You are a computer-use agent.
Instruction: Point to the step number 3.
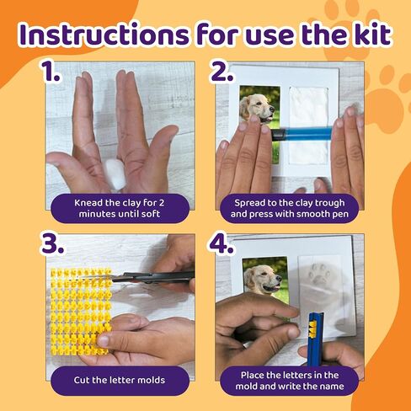tap(53, 243)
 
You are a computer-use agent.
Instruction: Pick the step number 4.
tap(222, 243)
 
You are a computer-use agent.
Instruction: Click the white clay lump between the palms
tap(115, 175)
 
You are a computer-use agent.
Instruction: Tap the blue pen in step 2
tap(301, 134)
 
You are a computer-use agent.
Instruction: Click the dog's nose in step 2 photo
tap(271, 109)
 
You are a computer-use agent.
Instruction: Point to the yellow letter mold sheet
tap(81, 312)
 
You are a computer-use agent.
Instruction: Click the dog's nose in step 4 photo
tap(278, 278)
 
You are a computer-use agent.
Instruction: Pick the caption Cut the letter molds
tap(120, 380)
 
